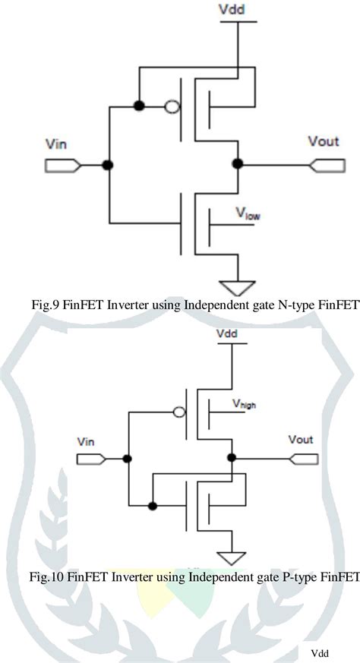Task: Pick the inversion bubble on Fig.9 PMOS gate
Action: point(172,106)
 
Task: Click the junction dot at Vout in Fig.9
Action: point(238,163)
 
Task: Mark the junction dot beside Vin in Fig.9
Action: point(109,164)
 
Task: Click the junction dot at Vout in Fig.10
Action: point(231,458)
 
